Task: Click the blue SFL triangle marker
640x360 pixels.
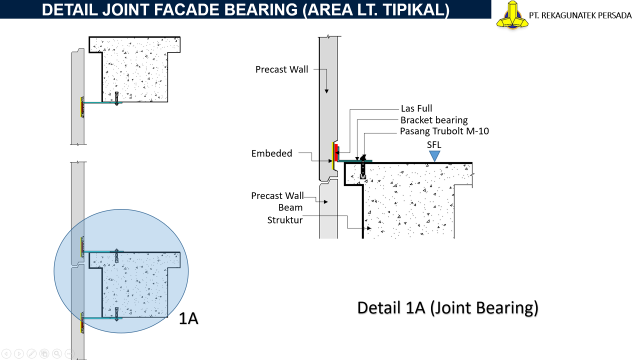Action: point(434,156)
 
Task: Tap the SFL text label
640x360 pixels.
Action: point(434,145)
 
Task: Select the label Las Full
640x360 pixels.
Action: point(416,108)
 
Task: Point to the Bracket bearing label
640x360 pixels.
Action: point(434,120)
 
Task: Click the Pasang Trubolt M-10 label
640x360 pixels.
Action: point(444,131)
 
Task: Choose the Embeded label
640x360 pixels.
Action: point(271,153)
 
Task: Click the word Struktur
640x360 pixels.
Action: point(285,220)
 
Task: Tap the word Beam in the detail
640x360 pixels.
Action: point(290,207)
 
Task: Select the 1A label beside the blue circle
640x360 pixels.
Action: point(188,318)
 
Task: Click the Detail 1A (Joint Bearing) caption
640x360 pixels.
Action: point(447,307)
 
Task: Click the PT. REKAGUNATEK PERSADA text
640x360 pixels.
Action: point(580,15)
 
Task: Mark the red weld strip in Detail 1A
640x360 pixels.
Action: point(336,152)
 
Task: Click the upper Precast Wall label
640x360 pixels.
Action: point(281,69)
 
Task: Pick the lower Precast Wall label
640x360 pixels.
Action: point(277,196)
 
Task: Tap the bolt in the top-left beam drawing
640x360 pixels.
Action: point(116,98)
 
